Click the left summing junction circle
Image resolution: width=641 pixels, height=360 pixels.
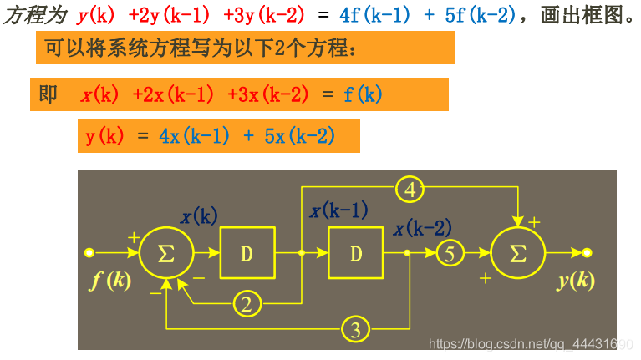tap(166, 252)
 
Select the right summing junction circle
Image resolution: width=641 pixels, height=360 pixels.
tap(518, 252)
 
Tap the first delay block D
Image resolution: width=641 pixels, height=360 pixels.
tap(247, 252)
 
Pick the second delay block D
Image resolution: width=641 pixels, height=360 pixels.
tap(356, 252)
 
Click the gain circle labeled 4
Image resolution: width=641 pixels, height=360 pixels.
tap(410, 190)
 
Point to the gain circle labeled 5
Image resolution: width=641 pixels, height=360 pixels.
tap(450, 252)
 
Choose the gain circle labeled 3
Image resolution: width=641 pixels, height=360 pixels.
tap(355, 329)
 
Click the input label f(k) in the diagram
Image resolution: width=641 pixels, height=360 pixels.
tap(109, 281)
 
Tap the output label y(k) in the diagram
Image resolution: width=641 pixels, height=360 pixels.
tap(576, 281)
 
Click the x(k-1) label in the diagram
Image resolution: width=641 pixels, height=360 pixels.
tap(338, 211)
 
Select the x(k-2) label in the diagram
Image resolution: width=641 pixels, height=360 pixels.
tap(422, 227)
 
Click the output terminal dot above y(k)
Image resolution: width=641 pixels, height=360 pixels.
tap(588, 251)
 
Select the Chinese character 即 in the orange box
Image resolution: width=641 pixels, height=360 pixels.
tap(48, 94)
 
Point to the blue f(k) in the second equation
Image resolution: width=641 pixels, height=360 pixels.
tap(363, 94)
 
